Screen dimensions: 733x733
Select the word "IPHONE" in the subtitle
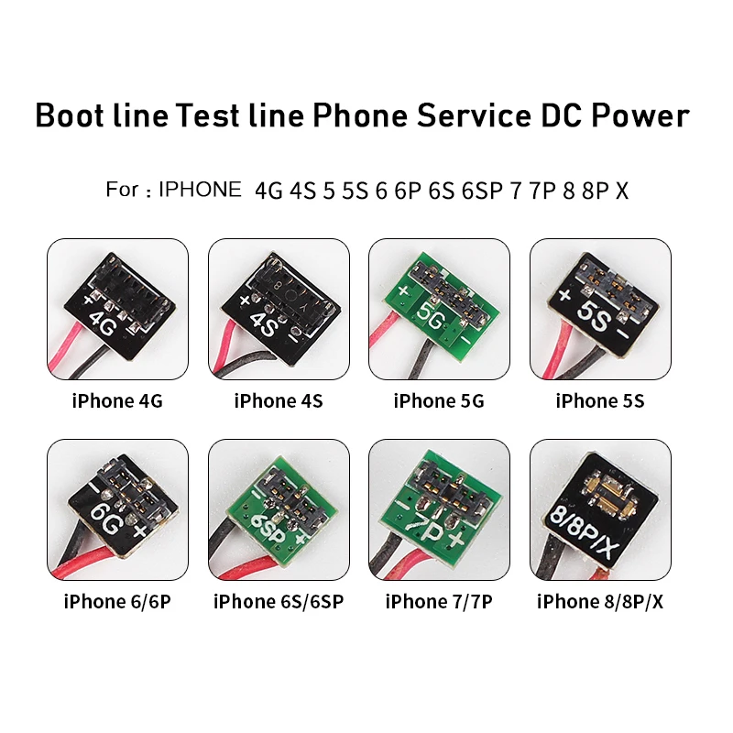199,191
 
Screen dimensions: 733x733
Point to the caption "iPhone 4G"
117,401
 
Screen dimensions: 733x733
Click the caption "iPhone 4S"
279,401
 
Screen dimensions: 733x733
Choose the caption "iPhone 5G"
439,401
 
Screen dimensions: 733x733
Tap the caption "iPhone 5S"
600,401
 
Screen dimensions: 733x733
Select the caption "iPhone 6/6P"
117,602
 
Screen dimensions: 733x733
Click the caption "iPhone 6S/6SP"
279,602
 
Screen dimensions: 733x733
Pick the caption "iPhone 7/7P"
439,602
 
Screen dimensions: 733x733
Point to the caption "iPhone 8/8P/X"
600,602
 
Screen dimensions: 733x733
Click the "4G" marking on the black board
102,323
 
